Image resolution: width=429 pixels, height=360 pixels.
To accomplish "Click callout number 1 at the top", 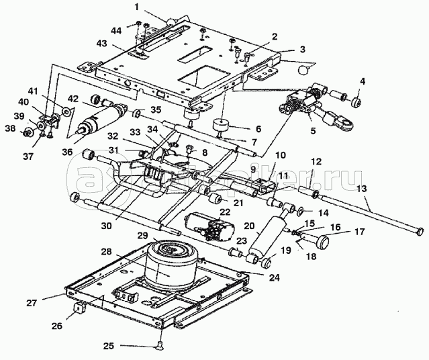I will [x=136, y=8].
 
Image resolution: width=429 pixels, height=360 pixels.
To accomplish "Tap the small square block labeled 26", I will [x=79, y=310].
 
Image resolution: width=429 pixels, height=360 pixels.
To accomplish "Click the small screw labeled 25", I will [x=161, y=345].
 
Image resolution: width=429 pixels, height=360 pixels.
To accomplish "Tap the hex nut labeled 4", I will [x=357, y=103].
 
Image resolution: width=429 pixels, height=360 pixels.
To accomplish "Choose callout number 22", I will [x=225, y=213].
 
